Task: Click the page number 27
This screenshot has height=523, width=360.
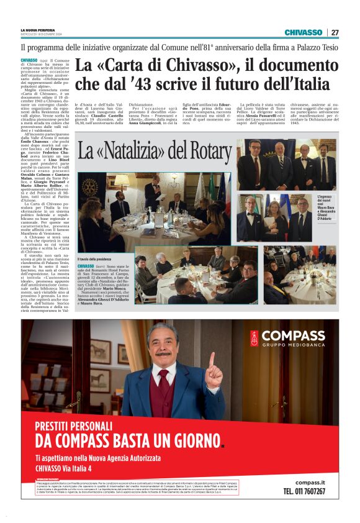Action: pyautogui.click(x=335, y=32)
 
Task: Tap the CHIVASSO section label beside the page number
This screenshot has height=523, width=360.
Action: pyautogui.click(x=304, y=32)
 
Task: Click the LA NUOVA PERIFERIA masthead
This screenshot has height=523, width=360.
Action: pyautogui.click(x=38, y=29)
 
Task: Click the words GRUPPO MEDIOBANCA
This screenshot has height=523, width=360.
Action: pyautogui.click(x=287, y=345)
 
